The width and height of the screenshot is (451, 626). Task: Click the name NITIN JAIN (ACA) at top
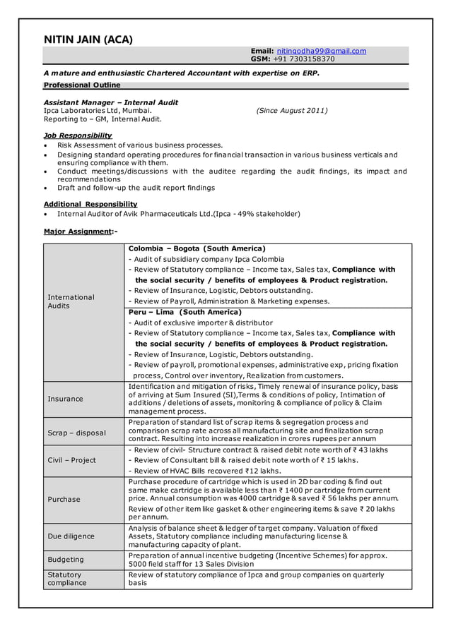point(88,40)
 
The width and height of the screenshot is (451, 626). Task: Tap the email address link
point(321,51)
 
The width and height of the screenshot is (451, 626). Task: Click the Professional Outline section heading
point(82,85)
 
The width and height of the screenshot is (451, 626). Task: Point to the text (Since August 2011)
point(292,111)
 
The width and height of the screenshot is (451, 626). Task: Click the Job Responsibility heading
point(78,136)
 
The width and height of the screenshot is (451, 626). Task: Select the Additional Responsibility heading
point(90,204)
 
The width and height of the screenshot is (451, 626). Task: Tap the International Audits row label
point(71,301)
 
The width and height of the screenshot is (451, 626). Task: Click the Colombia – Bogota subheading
point(197,248)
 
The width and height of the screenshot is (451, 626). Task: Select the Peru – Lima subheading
point(184,312)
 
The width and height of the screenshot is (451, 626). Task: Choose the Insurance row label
point(65,399)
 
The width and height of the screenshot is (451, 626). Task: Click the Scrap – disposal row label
point(76,433)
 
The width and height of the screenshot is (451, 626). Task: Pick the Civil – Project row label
point(71,460)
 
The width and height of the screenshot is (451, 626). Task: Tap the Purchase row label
point(64,499)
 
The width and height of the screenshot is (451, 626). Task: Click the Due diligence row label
point(71,536)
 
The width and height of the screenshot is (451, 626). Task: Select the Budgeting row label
point(66,560)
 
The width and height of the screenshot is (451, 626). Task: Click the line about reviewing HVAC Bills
point(204,471)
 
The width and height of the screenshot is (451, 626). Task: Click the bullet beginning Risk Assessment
point(140,145)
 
